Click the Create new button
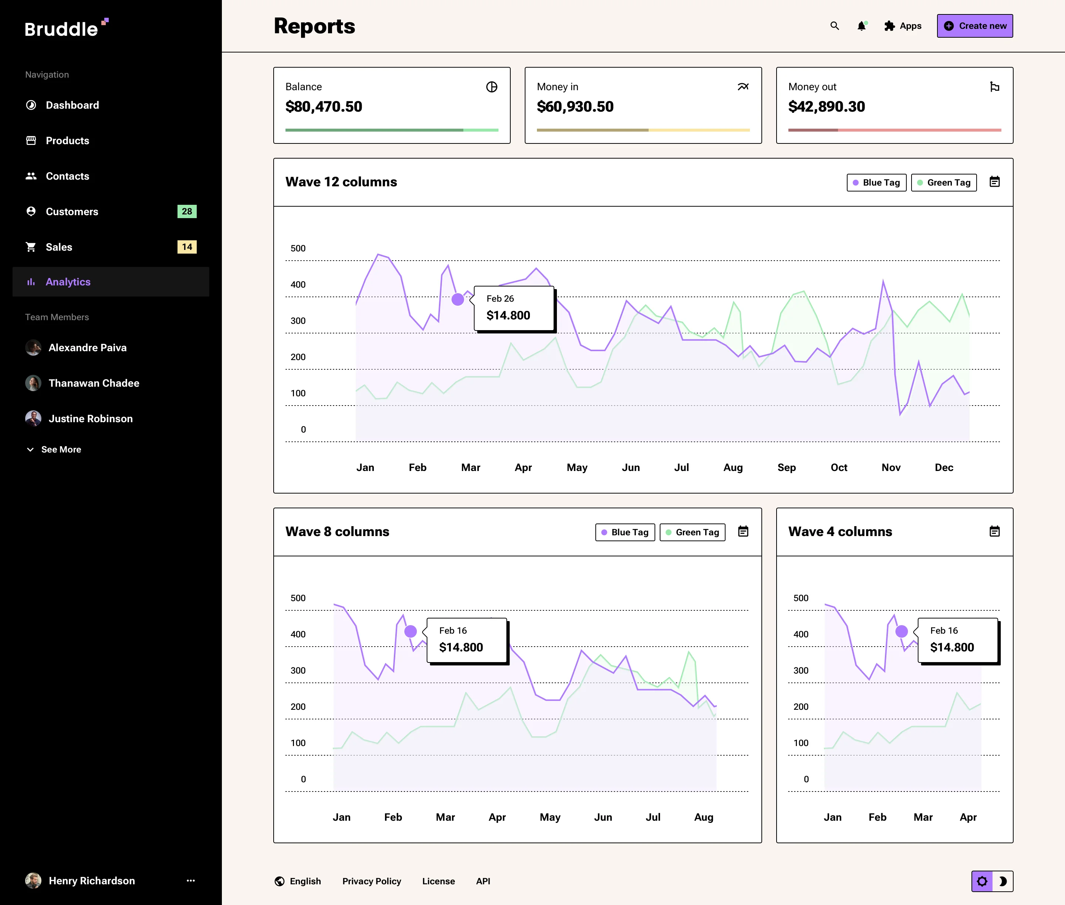[x=975, y=26]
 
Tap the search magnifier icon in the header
[x=835, y=26]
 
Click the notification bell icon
[x=862, y=26]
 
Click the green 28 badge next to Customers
[x=187, y=211]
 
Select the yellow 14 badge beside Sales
[x=187, y=247]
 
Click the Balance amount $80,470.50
[x=324, y=107]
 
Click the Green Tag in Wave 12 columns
[x=944, y=183]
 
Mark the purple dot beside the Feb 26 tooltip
[x=458, y=299]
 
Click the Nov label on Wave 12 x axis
[x=891, y=467]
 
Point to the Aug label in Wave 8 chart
[x=704, y=817]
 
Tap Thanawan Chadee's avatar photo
[x=33, y=383]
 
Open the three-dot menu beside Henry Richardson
[x=191, y=880]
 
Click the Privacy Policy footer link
[x=372, y=881]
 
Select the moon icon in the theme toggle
[x=1003, y=881]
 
